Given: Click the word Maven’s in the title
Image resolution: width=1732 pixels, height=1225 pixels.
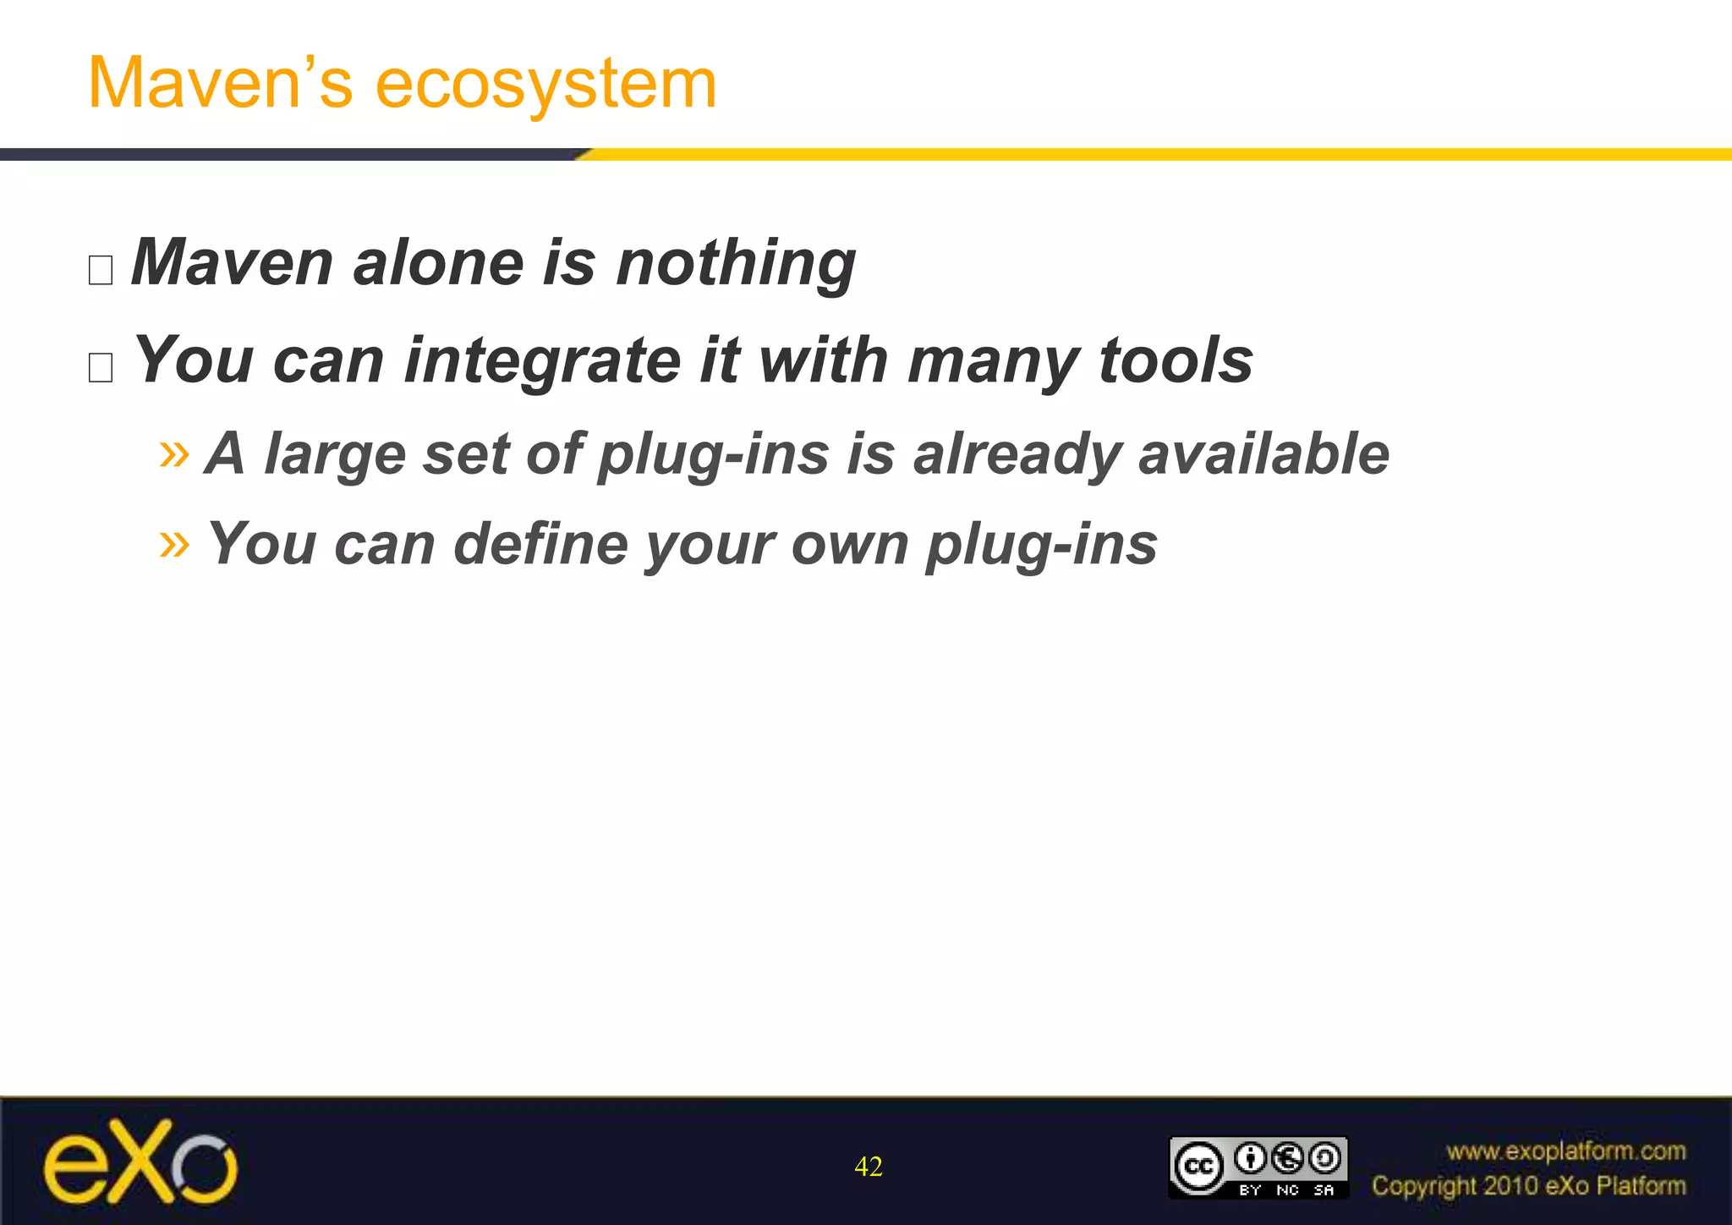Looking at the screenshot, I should [x=220, y=83].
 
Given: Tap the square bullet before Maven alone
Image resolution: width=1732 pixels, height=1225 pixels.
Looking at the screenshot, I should [x=101, y=270].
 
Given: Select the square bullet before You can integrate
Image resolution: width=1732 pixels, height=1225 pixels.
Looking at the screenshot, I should [x=101, y=367].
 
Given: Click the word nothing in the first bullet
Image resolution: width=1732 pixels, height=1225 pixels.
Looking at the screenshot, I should [x=735, y=264].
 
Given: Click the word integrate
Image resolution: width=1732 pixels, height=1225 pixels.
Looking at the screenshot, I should [x=542, y=361].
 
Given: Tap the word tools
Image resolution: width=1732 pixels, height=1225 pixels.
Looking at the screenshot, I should [x=1176, y=360].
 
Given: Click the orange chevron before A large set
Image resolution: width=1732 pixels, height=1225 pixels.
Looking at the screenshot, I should [x=174, y=453].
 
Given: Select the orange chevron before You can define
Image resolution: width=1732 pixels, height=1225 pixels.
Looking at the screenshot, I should [x=174, y=543].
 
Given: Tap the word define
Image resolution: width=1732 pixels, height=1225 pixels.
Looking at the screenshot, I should [x=541, y=543].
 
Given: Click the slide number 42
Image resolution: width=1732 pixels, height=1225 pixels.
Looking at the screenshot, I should [x=869, y=1167].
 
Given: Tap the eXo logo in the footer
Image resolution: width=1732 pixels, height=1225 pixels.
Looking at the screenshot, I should [x=140, y=1162].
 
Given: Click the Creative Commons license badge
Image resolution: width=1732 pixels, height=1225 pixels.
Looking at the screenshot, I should [x=1258, y=1167].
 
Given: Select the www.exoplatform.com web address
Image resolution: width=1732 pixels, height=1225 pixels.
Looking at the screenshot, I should [x=1565, y=1151].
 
